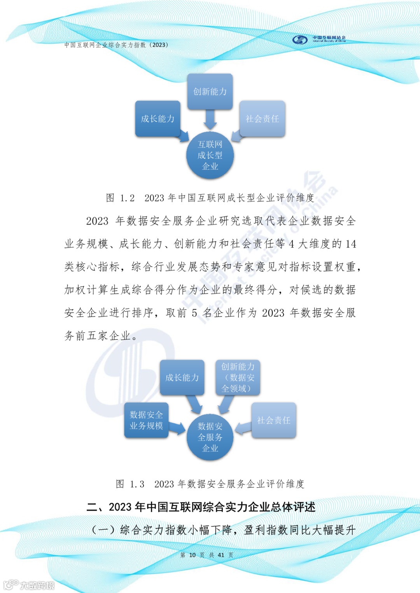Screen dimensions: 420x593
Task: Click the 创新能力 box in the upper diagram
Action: tap(210, 92)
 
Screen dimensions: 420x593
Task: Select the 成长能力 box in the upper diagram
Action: tap(157, 119)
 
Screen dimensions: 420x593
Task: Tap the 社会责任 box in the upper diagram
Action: tap(262, 119)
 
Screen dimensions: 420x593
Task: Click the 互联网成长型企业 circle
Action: tap(210, 156)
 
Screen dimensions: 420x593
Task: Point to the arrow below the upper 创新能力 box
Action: tap(210, 119)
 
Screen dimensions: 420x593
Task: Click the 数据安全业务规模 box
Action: tap(146, 420)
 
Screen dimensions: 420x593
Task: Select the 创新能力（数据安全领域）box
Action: tap(238, 377)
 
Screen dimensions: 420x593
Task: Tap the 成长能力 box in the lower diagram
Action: tap(182, 377)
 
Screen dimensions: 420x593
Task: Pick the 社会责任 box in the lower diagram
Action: tap(274, 420)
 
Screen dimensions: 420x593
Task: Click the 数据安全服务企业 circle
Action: tap(210, 437)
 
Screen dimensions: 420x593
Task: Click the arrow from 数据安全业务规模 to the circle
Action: tap(177, 428)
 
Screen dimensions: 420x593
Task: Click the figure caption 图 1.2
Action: tap(210, 198)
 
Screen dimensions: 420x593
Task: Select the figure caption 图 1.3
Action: tap(210, 484)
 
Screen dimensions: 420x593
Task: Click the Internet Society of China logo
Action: tap(319, 39)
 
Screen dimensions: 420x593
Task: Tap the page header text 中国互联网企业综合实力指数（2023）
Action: tap(116, 45)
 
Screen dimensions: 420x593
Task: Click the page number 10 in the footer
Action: tap(192, 555)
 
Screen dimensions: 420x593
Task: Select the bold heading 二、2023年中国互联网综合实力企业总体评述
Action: tap(201, 507)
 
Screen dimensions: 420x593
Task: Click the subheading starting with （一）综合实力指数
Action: tap(223, 530)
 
